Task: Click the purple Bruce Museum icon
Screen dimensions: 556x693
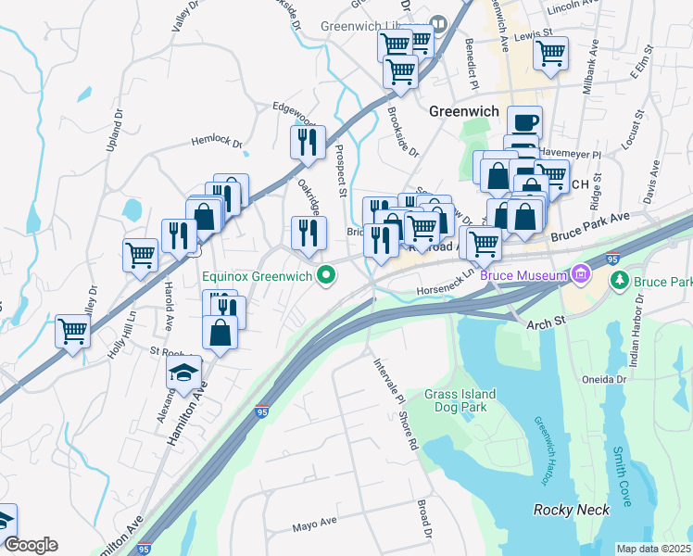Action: [581, 274]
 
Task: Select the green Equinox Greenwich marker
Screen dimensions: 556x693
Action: [325, 274]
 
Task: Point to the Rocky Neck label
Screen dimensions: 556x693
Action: [571, 510]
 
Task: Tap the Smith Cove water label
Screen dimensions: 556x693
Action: [620, 476]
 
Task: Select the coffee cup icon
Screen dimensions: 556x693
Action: [524, 122]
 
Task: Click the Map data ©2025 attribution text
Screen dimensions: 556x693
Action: [653, 549]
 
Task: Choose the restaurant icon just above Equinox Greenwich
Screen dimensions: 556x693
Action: [309, 233]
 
